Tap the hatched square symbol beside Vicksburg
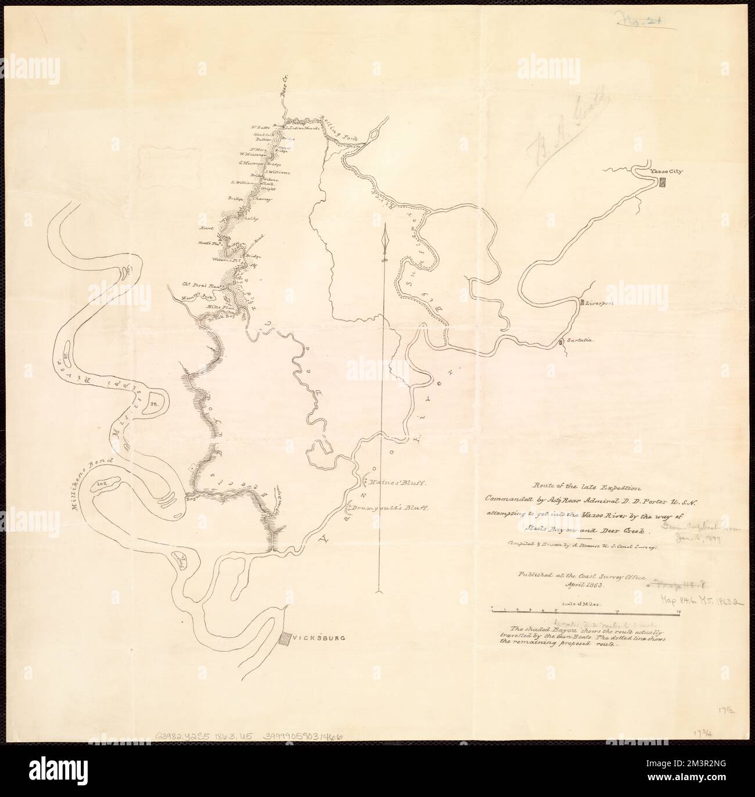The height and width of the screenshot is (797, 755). [x=284, y=638]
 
